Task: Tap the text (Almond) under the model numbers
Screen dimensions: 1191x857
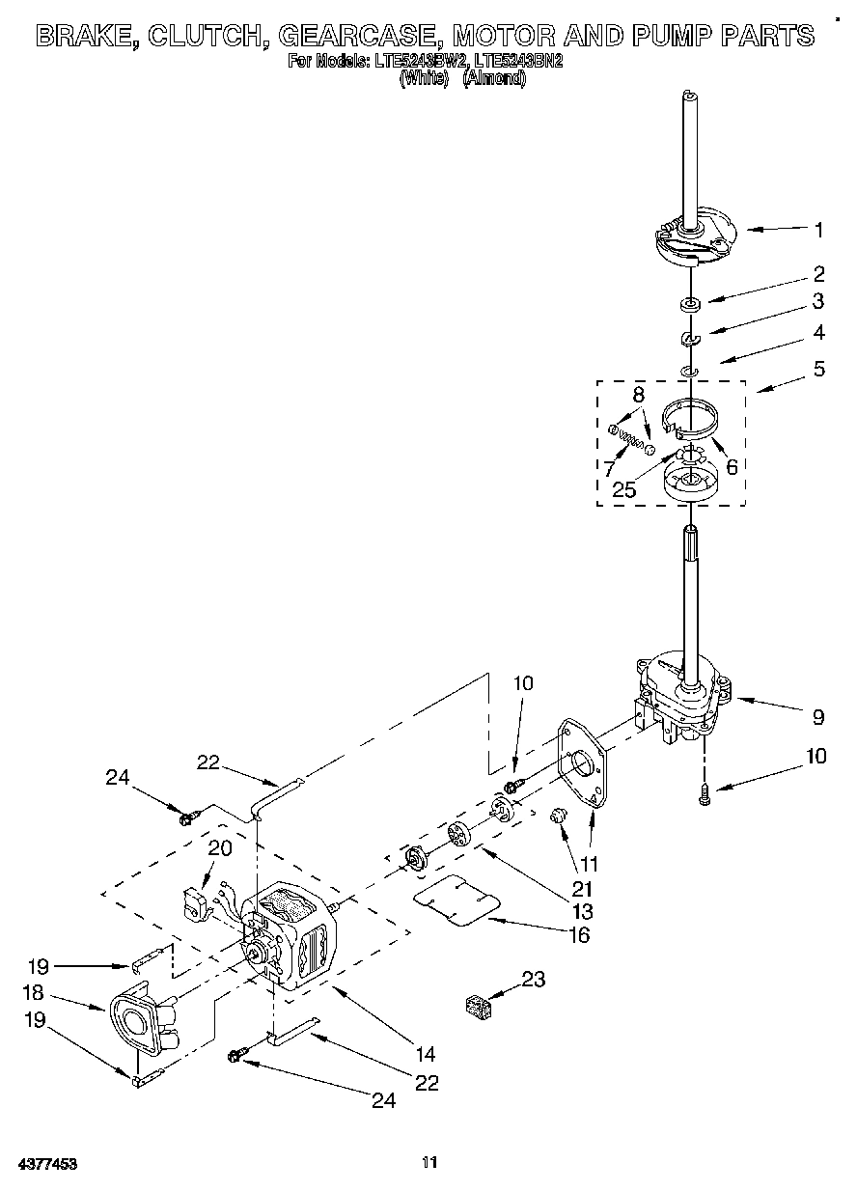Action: click(x=494, y=78)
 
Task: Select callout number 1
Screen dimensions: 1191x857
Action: click(x=818, y=230)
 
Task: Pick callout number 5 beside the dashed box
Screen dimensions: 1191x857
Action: click(x=818, y=369)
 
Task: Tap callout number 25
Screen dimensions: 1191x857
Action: click(x=624, y=489)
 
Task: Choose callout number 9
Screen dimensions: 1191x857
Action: click(x=818, y=716)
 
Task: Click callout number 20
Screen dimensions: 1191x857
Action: click(x=220, y=847)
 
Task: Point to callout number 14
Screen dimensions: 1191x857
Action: click(x=426, y=1054)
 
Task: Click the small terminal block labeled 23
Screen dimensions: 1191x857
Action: click(x=477, y=1008)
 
